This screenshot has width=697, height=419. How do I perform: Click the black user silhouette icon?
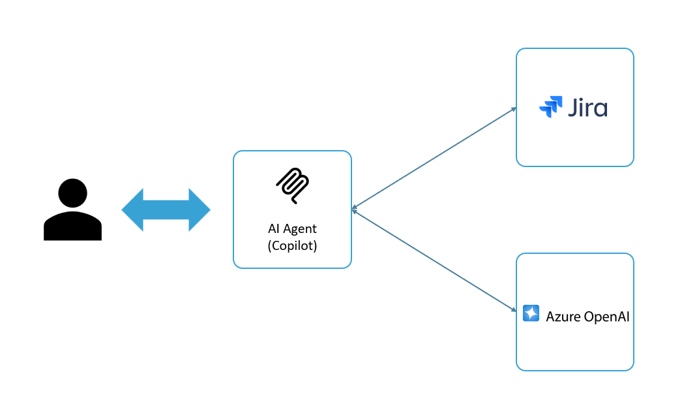click(72, 209)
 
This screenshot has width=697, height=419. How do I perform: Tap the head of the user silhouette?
click(72, 193)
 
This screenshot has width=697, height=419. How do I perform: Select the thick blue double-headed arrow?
click(166, 209)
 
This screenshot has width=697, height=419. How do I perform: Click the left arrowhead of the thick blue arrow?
click(132, 209)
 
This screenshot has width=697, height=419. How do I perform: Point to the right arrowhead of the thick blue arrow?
click(200, 209)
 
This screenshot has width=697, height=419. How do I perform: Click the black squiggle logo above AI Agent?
click(293, 185)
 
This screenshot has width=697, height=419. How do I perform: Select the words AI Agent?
click(292, 228)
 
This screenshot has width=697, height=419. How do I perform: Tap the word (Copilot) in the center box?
click(292, 245)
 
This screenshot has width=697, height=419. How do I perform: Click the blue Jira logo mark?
click(551, 107)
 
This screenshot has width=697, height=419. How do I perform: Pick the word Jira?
click(587, 108)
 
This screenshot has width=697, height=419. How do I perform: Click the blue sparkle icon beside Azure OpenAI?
click(531, 313)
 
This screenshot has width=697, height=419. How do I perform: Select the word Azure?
click(563, 317)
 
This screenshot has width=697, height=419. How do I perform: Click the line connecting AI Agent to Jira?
click(434, 158)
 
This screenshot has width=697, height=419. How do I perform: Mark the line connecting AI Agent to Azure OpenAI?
click(434, 260)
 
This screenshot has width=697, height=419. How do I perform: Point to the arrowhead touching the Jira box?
click(514, 109)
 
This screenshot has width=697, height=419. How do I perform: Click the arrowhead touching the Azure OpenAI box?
click(514, 309)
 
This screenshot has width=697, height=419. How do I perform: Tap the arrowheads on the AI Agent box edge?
click(354, 209)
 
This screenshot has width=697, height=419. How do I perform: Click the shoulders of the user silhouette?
click(72, 226)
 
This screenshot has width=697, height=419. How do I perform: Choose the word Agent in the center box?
click(301, 229)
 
